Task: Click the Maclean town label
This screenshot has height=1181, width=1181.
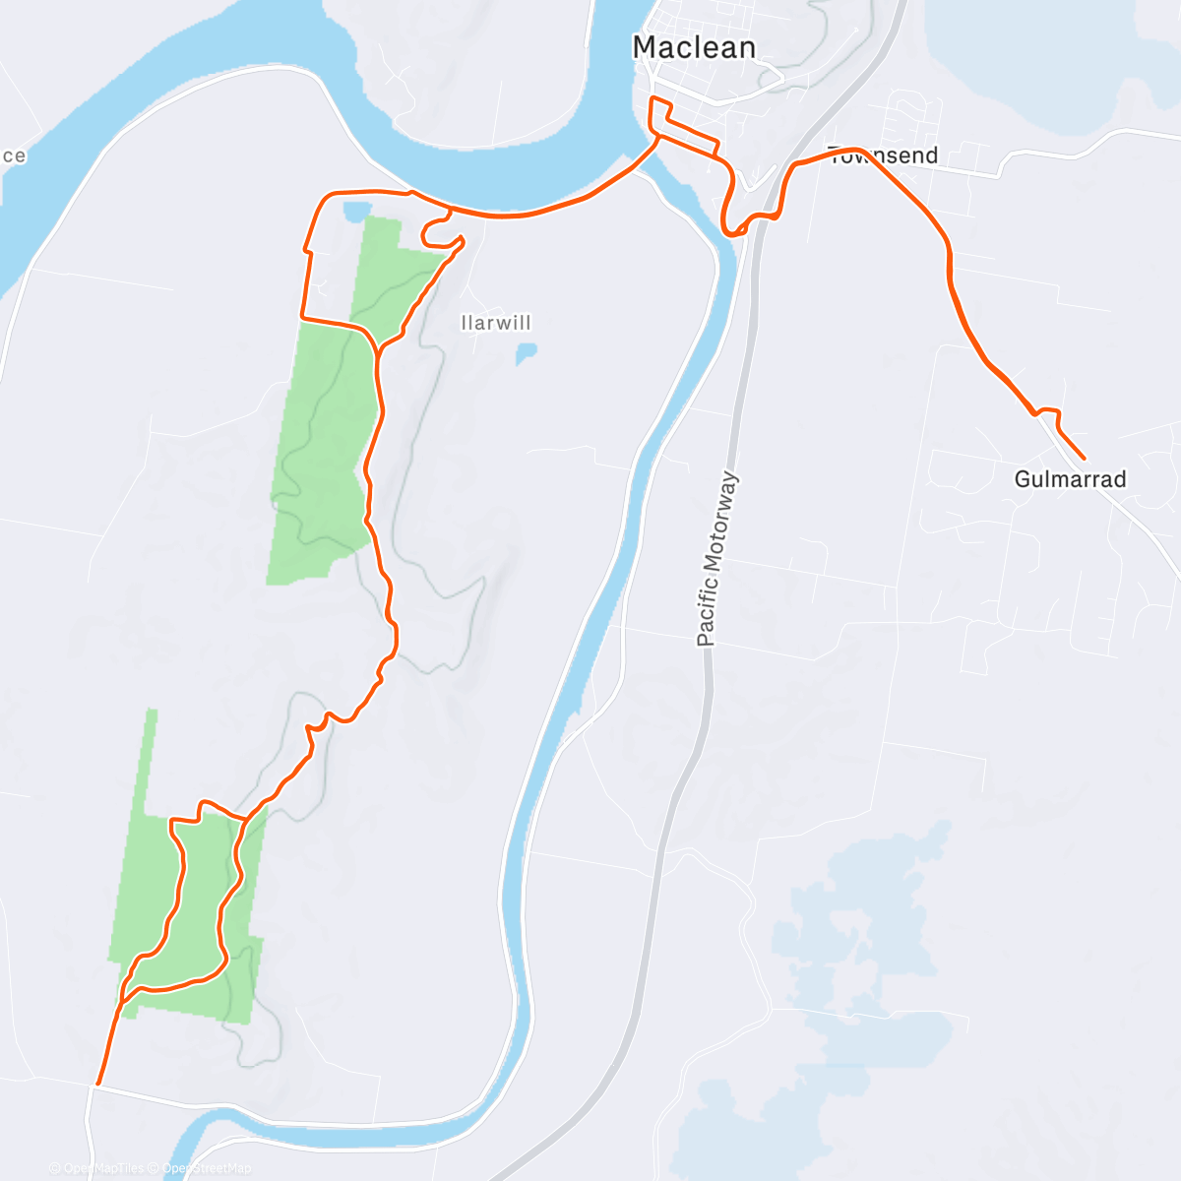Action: (694, 47)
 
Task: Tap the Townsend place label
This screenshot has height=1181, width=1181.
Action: (884, 155)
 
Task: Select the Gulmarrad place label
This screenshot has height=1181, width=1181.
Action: (1070, 479)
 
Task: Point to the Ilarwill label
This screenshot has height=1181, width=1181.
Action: (496, 323)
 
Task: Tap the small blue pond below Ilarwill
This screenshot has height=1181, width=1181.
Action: (527, 352)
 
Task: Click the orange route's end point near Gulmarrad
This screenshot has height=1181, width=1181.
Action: (1084, 459)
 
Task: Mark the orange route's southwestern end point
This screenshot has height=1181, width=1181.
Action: (97, 1084)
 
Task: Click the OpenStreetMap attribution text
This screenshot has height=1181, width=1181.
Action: (206, 1168)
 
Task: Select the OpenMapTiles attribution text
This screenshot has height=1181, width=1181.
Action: (102, 1168)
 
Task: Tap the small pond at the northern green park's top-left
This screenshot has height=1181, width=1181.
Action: (355, 210)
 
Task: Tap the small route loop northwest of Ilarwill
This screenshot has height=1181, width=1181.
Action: (439, 231)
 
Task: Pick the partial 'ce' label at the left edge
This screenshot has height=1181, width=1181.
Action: (13, 155)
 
